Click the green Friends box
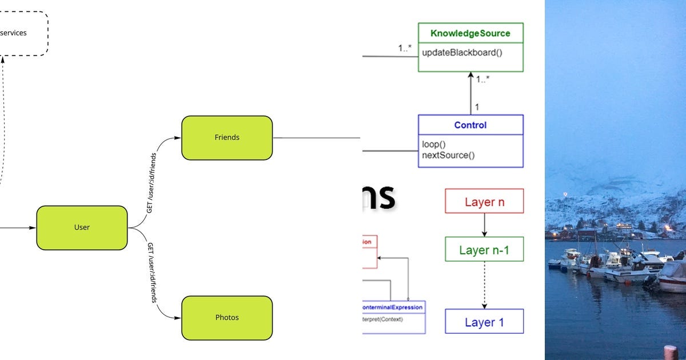227,138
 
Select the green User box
82,227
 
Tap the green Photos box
227,317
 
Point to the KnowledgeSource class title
470,33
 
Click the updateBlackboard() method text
462,53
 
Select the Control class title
470,125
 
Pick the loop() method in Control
434,144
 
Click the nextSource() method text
448,155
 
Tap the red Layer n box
484,201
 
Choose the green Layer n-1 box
484,250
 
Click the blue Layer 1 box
484,322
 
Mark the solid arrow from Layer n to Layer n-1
484,225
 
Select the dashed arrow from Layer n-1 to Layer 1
484,285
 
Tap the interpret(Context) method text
383,319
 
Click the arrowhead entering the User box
33,227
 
